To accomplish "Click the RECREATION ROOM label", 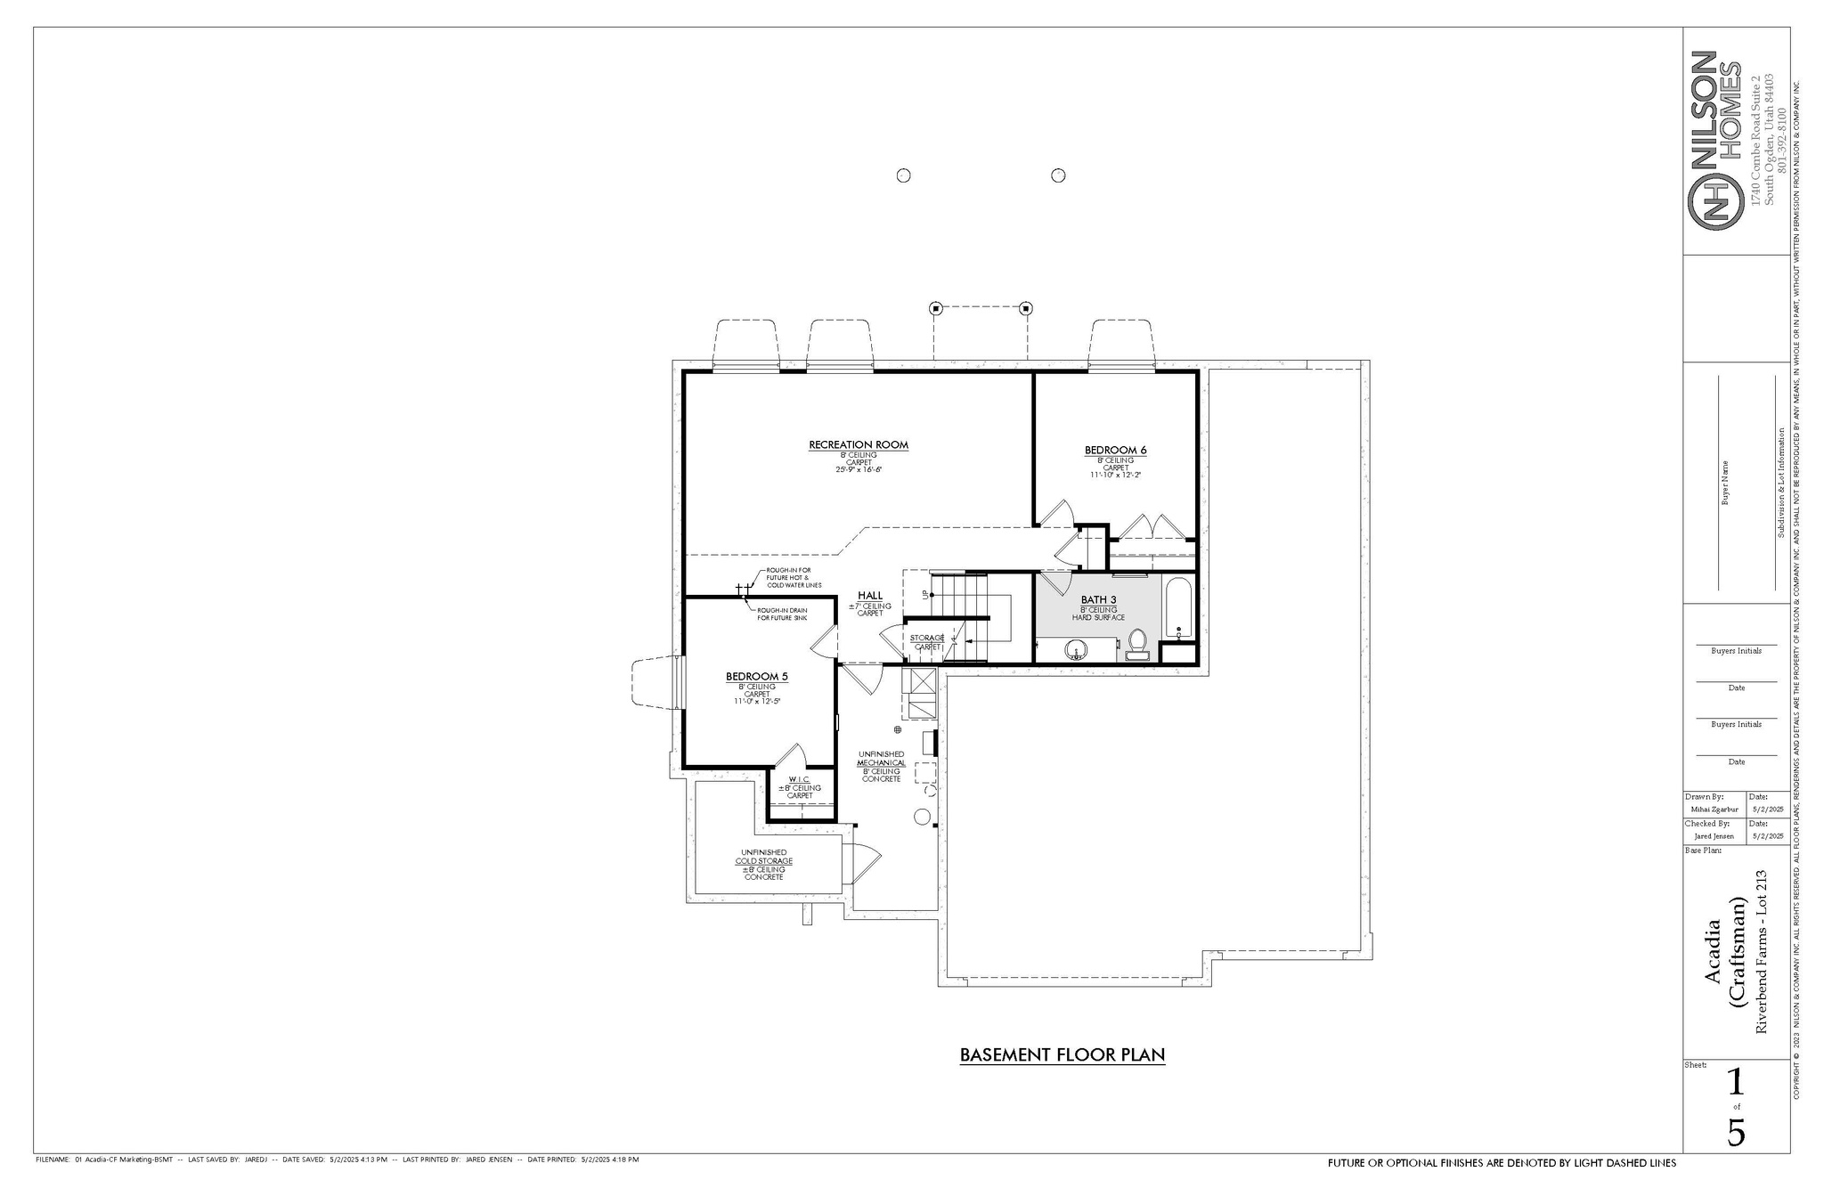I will tap(858, 444).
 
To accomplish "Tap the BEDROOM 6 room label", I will tap(1115, 450).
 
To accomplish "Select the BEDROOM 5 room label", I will tap(756, 676).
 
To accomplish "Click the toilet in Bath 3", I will tap(1137, 643).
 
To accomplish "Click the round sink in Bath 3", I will tap(1077, 650).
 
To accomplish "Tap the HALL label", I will tap(870, 596).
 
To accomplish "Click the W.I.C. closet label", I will tap(799, 779).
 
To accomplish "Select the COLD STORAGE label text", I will tap(763, 861).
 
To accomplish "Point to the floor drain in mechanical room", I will tap(898, 729).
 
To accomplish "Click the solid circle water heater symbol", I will tap(923, 817).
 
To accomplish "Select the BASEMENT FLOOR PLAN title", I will tap(1062, 1055).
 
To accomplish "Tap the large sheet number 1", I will tap(1735, 1082).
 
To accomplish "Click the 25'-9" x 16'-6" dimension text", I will tap(858, 469).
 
